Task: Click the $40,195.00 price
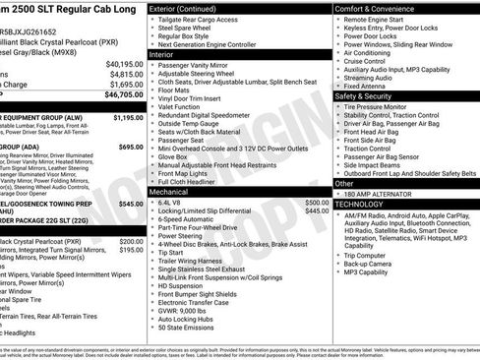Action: pyautogui.click(x=124, y=62)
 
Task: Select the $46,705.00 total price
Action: pyautogui.click(x=122, y=97)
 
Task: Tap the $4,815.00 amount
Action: pyautogui.click(x=126, y=74)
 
